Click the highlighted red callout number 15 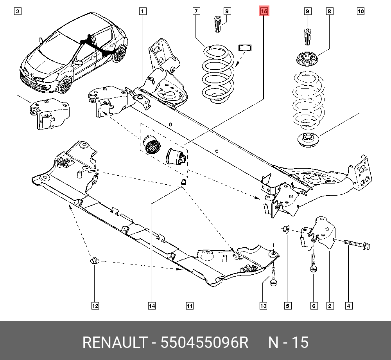pos(264,12)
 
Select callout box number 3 pos(17,12)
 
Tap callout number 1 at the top pos(143,12)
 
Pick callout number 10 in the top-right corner pos(361,12)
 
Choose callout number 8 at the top pos(329,12)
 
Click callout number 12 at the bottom pos(95,306)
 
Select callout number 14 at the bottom pos(152,306)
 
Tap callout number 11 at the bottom pos(189,306)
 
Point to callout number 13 pos(264,306)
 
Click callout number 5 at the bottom pos(288,306)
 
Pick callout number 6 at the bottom pos(314,306)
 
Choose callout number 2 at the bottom pos(330,306)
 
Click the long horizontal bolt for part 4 pos(357,244)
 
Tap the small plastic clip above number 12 pos(95,261)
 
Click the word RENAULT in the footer pos(112,343)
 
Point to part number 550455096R pos(205,343)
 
